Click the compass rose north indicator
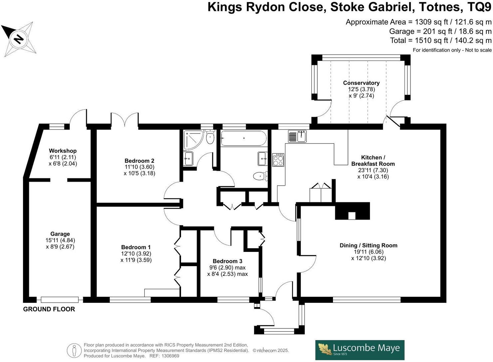(19, 39)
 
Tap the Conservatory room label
(361, 83)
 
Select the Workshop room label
(63, 151)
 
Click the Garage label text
(60, 234)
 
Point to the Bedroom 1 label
(136, 247)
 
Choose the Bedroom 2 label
(139, 161)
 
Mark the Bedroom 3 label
(227, 261)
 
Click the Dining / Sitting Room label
(368, 246)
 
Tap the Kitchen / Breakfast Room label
(373, 160)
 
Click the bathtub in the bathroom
(244, 138)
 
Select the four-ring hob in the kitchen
(278, 160)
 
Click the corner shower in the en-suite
(193, 140)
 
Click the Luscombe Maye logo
(360, 350)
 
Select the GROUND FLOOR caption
(49, 309)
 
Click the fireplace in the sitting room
(352, 211)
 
